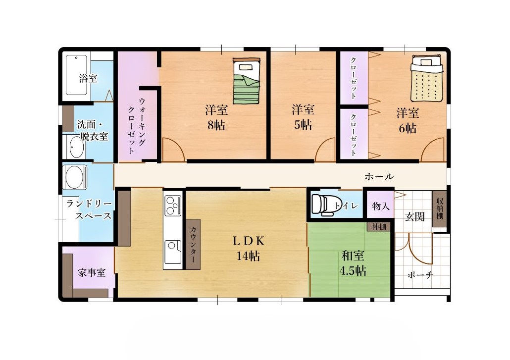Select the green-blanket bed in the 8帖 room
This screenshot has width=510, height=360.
[x=247, y=81]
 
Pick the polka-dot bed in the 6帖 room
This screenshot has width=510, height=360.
[x=426, y=78]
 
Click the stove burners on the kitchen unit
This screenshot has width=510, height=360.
[x=173, y=206]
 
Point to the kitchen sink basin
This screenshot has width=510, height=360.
[x=173, y=252]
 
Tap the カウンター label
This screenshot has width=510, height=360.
[x=193, y=244]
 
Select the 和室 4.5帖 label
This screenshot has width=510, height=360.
[x=353, y=263]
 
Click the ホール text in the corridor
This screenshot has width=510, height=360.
[x=379, y=176]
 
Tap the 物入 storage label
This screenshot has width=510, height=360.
[x=380, y=206]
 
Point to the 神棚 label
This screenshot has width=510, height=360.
[x=379, y=226]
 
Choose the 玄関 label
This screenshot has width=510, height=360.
[x=415, y=216]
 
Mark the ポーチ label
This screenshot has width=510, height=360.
[x=420, y=275]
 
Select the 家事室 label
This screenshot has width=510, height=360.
[x=92, y=272]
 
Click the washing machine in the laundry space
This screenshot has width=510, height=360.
[x=75, y=177]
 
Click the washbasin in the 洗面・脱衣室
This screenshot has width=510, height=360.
[x=76, y=147]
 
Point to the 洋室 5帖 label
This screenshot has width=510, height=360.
[x=303, y=117]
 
